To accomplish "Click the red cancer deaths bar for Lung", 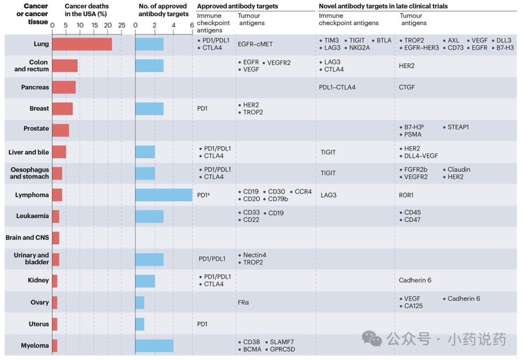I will (x=82, y=44).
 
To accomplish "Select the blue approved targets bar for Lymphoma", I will (x=164, y=195).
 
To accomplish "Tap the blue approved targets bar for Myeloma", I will (x=154, y=345).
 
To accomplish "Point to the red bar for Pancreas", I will (x=64, y=87).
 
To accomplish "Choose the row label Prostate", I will (x=37, y=129).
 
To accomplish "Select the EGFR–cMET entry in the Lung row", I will (x=256, y=44).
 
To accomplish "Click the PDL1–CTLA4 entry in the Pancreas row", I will (x=337, y=87).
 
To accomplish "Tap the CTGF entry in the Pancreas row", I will (x=408, y=87).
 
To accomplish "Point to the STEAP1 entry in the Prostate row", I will (x=459, y=127).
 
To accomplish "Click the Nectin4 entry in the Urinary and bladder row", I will (x=255, y=255).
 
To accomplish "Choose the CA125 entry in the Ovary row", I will (x=414, y=306).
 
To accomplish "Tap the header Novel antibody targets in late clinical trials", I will (x=383, y=6).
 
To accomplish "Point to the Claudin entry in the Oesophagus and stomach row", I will (x=459, y=170).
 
